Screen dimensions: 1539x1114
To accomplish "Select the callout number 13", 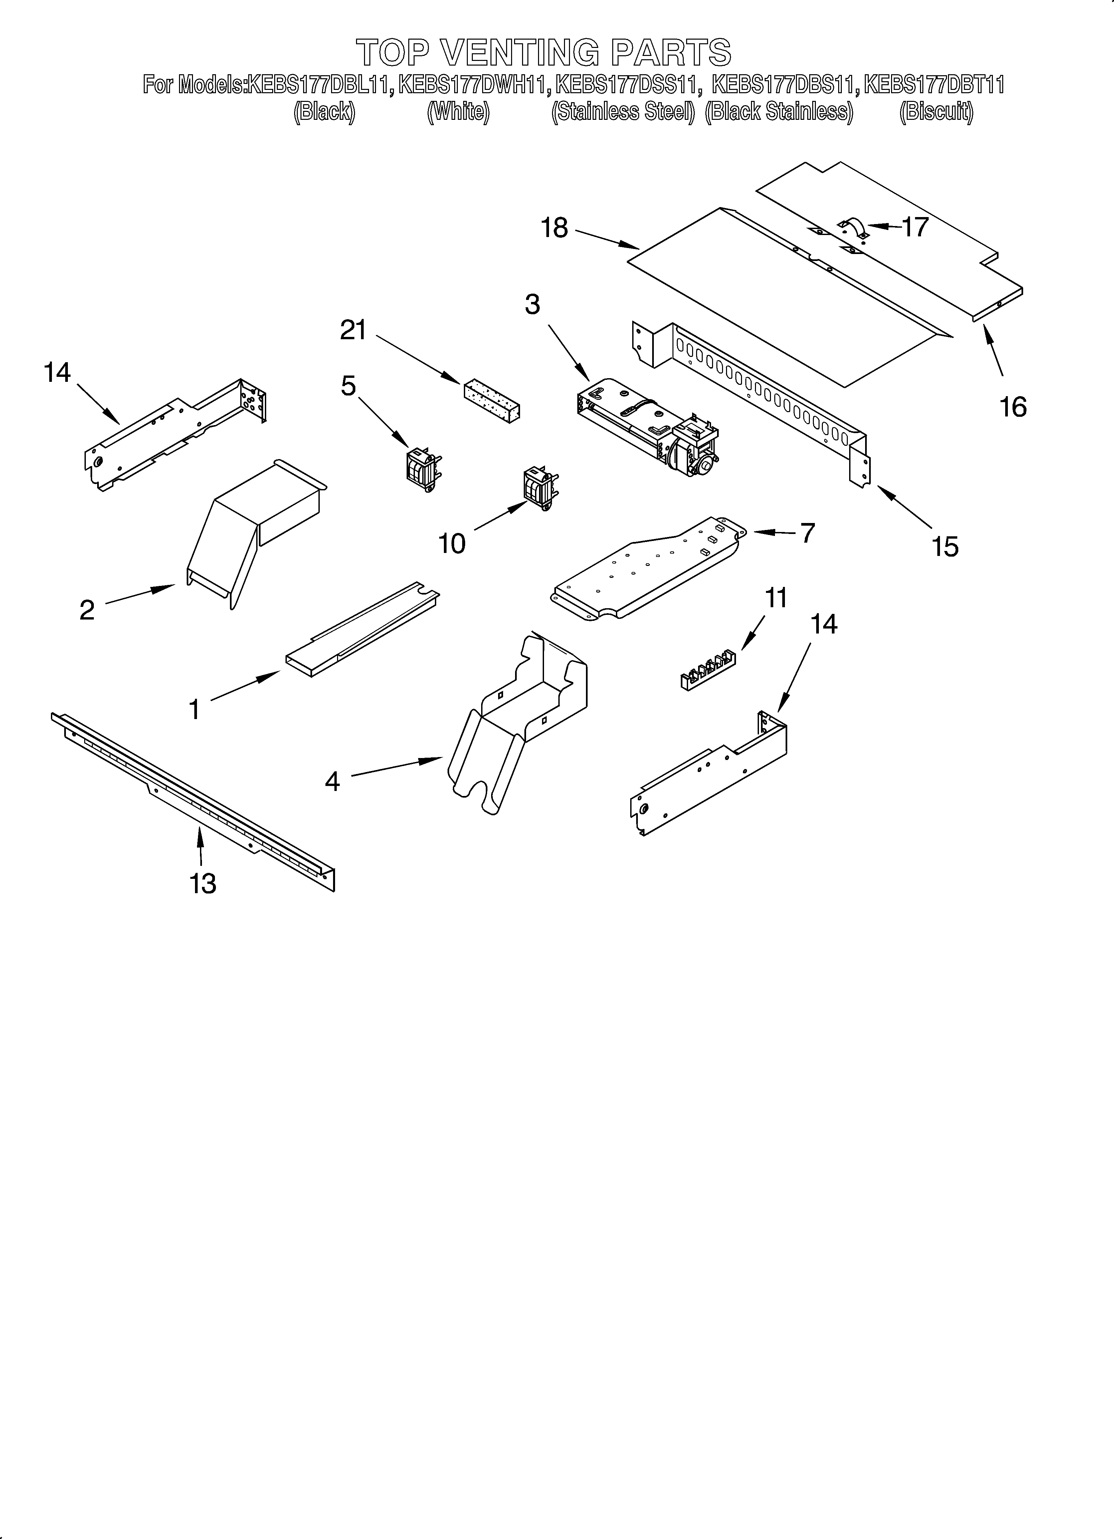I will click(203, 884).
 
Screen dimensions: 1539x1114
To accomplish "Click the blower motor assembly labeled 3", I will click(648, 427).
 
